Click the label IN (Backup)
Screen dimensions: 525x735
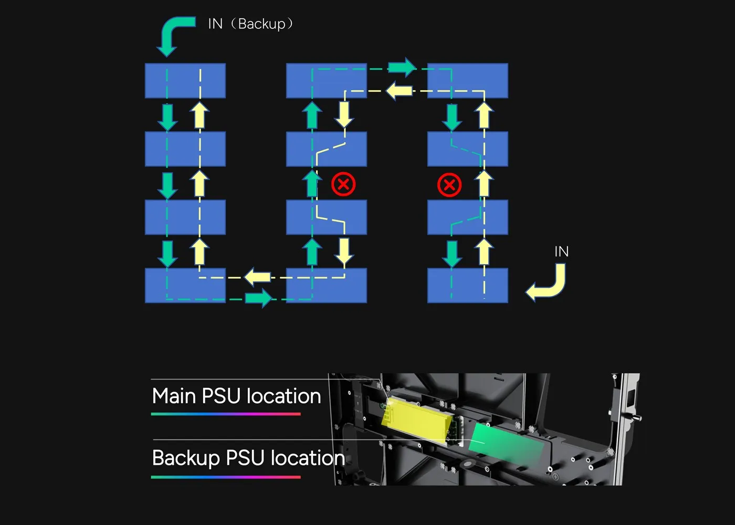[x=250, y=24]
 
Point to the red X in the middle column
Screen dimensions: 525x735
[x=343, y=184]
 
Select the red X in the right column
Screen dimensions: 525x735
[x=449, y=185]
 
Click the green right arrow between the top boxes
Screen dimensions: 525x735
[x=402, y=67]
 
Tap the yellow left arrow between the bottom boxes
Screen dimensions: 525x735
[x=258, y=277]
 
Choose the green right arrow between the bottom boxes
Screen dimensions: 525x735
[x=258, y=299]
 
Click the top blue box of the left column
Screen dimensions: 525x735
[x=185, y=81]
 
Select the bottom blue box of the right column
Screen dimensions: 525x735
[x=467, y=286]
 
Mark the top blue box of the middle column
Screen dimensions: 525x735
[x=326, y=81]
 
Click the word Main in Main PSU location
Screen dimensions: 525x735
[x=174, y=396]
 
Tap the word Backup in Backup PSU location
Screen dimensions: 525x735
[x=186, y=458]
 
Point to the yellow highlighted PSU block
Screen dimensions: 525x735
[x=417, y=420]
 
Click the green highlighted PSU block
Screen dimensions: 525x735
[x=507, y=442]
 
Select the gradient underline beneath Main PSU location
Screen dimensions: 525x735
[x=226, y=414]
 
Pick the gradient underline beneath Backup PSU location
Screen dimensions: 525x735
[x=226, y=477]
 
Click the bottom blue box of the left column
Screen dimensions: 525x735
[x=185, y=286]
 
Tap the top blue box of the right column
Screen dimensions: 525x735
[x=467, y=81]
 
